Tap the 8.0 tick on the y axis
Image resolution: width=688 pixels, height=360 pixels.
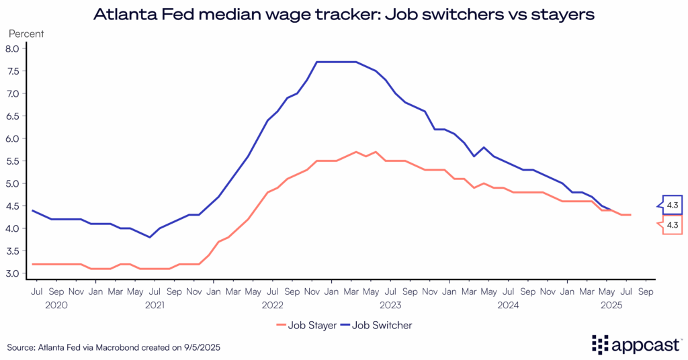[11, 48]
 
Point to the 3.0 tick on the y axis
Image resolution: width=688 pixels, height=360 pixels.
[11, 273]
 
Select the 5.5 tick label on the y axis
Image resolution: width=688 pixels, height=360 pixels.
[11, 161]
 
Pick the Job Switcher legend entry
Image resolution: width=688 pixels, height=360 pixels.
[382, 325]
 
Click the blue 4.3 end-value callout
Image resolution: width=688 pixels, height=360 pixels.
[672, 204]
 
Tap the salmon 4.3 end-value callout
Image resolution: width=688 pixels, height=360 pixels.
[672, 225]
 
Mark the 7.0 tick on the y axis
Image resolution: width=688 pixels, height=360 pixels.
[11, 93]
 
